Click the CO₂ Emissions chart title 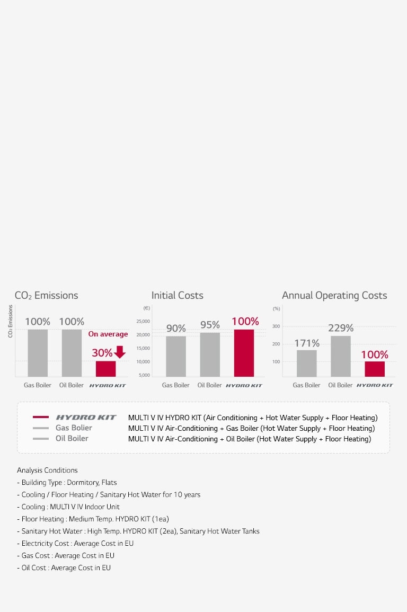pos(47,296)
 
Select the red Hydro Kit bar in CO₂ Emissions pos(105,369)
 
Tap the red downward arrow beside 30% pos(120,352)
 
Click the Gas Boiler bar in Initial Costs pos(175,356)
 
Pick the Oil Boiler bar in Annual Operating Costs pos(340,356)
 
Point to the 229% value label pos(341,328)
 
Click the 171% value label pos(307,343)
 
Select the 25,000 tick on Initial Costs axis pos(143,322)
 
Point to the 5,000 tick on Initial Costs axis pos(144,375)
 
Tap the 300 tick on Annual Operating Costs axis pos(276,326)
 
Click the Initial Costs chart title pos(178,296)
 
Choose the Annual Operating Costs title pos(334,296)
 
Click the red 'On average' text pos(108,334)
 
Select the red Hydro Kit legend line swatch pos(41,418)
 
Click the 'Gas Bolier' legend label pos(74,428)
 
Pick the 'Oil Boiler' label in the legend pos(72,439)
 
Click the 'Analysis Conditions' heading pos(47,471)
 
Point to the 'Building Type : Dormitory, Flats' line pos(67,483)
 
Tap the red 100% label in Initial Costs pos(245,321)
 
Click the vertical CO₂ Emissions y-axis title pos(10,321)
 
